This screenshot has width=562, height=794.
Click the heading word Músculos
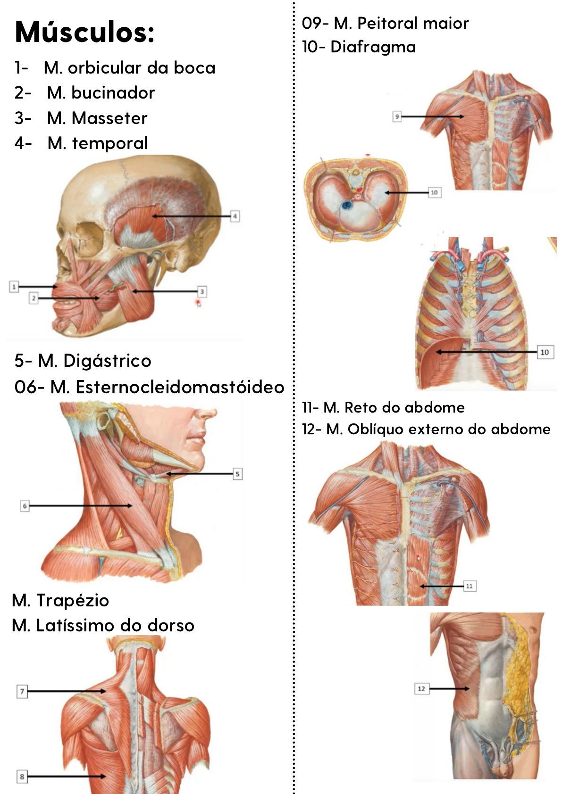84,32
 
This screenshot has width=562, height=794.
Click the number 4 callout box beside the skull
235,216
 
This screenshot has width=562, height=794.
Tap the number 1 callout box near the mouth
14,286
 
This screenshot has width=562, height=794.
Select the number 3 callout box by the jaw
201,291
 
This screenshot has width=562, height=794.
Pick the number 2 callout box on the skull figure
34,298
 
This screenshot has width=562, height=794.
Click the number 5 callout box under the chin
237,474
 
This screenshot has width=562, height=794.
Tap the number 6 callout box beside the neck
25,506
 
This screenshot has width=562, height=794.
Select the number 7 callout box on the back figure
22,692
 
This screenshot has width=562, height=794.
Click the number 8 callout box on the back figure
22,777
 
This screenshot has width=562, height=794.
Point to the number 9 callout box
397,116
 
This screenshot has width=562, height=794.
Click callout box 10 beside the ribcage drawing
544,352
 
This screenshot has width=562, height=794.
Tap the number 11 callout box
469,586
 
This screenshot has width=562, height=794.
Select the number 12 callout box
421,689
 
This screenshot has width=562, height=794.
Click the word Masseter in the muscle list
109,118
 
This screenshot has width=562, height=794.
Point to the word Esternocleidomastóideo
180,387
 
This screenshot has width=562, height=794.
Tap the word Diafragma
373,47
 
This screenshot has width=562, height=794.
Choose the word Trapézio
73,600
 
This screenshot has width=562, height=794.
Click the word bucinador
113,93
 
